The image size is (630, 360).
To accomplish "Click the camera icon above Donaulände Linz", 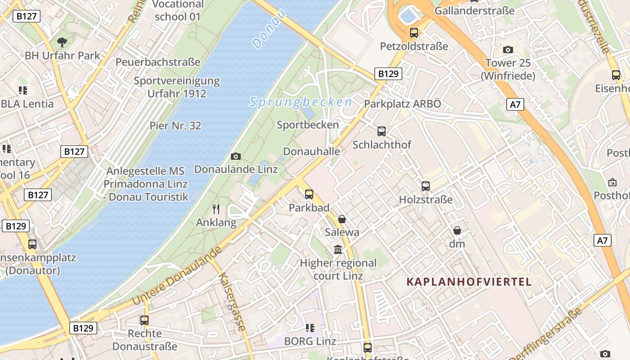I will pyautogui.click(x=235, y=156).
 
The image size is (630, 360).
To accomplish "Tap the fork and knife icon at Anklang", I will pyautogui.click(x=216, y=209).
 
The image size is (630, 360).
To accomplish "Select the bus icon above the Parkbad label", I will pyautogui.click(x=309, y=194).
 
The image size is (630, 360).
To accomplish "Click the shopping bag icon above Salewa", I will pyautogui.click(x=342, y=219).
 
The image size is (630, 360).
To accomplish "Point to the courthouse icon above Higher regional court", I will pyautogui.click(x=338, y=249).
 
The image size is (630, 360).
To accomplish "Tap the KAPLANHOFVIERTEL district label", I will pyautogui.click(x=469, y=282).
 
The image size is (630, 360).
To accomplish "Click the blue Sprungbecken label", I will pyautogui.click(x=301, y=102).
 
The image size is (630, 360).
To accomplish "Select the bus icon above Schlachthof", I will pyautogui.click(x=382, y=131).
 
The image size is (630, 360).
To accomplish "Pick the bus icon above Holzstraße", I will pyautogui.click(x=426, y=186).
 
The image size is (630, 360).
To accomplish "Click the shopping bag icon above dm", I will pyautogui.click(x=457, y=230).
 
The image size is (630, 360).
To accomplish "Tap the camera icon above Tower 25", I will pyautogui.click(x=508, y=49).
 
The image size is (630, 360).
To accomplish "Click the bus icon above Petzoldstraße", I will pyautogui.click(x=414, y=32).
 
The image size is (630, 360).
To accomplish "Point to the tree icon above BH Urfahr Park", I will pyautogui.click(x=62, y=42).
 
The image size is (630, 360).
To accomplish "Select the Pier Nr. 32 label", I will pyautogui.click(x=175, y=126).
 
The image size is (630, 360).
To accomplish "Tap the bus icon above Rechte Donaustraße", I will pyautogui.click(x=144, y=320).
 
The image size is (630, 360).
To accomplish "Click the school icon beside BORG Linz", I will pyautogui.click(x=310, y=328).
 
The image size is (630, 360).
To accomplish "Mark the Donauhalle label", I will pyautogui.click(x=311, y=151).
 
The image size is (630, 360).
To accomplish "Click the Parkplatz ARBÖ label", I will pyautogui.click(x=402, y=103).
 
